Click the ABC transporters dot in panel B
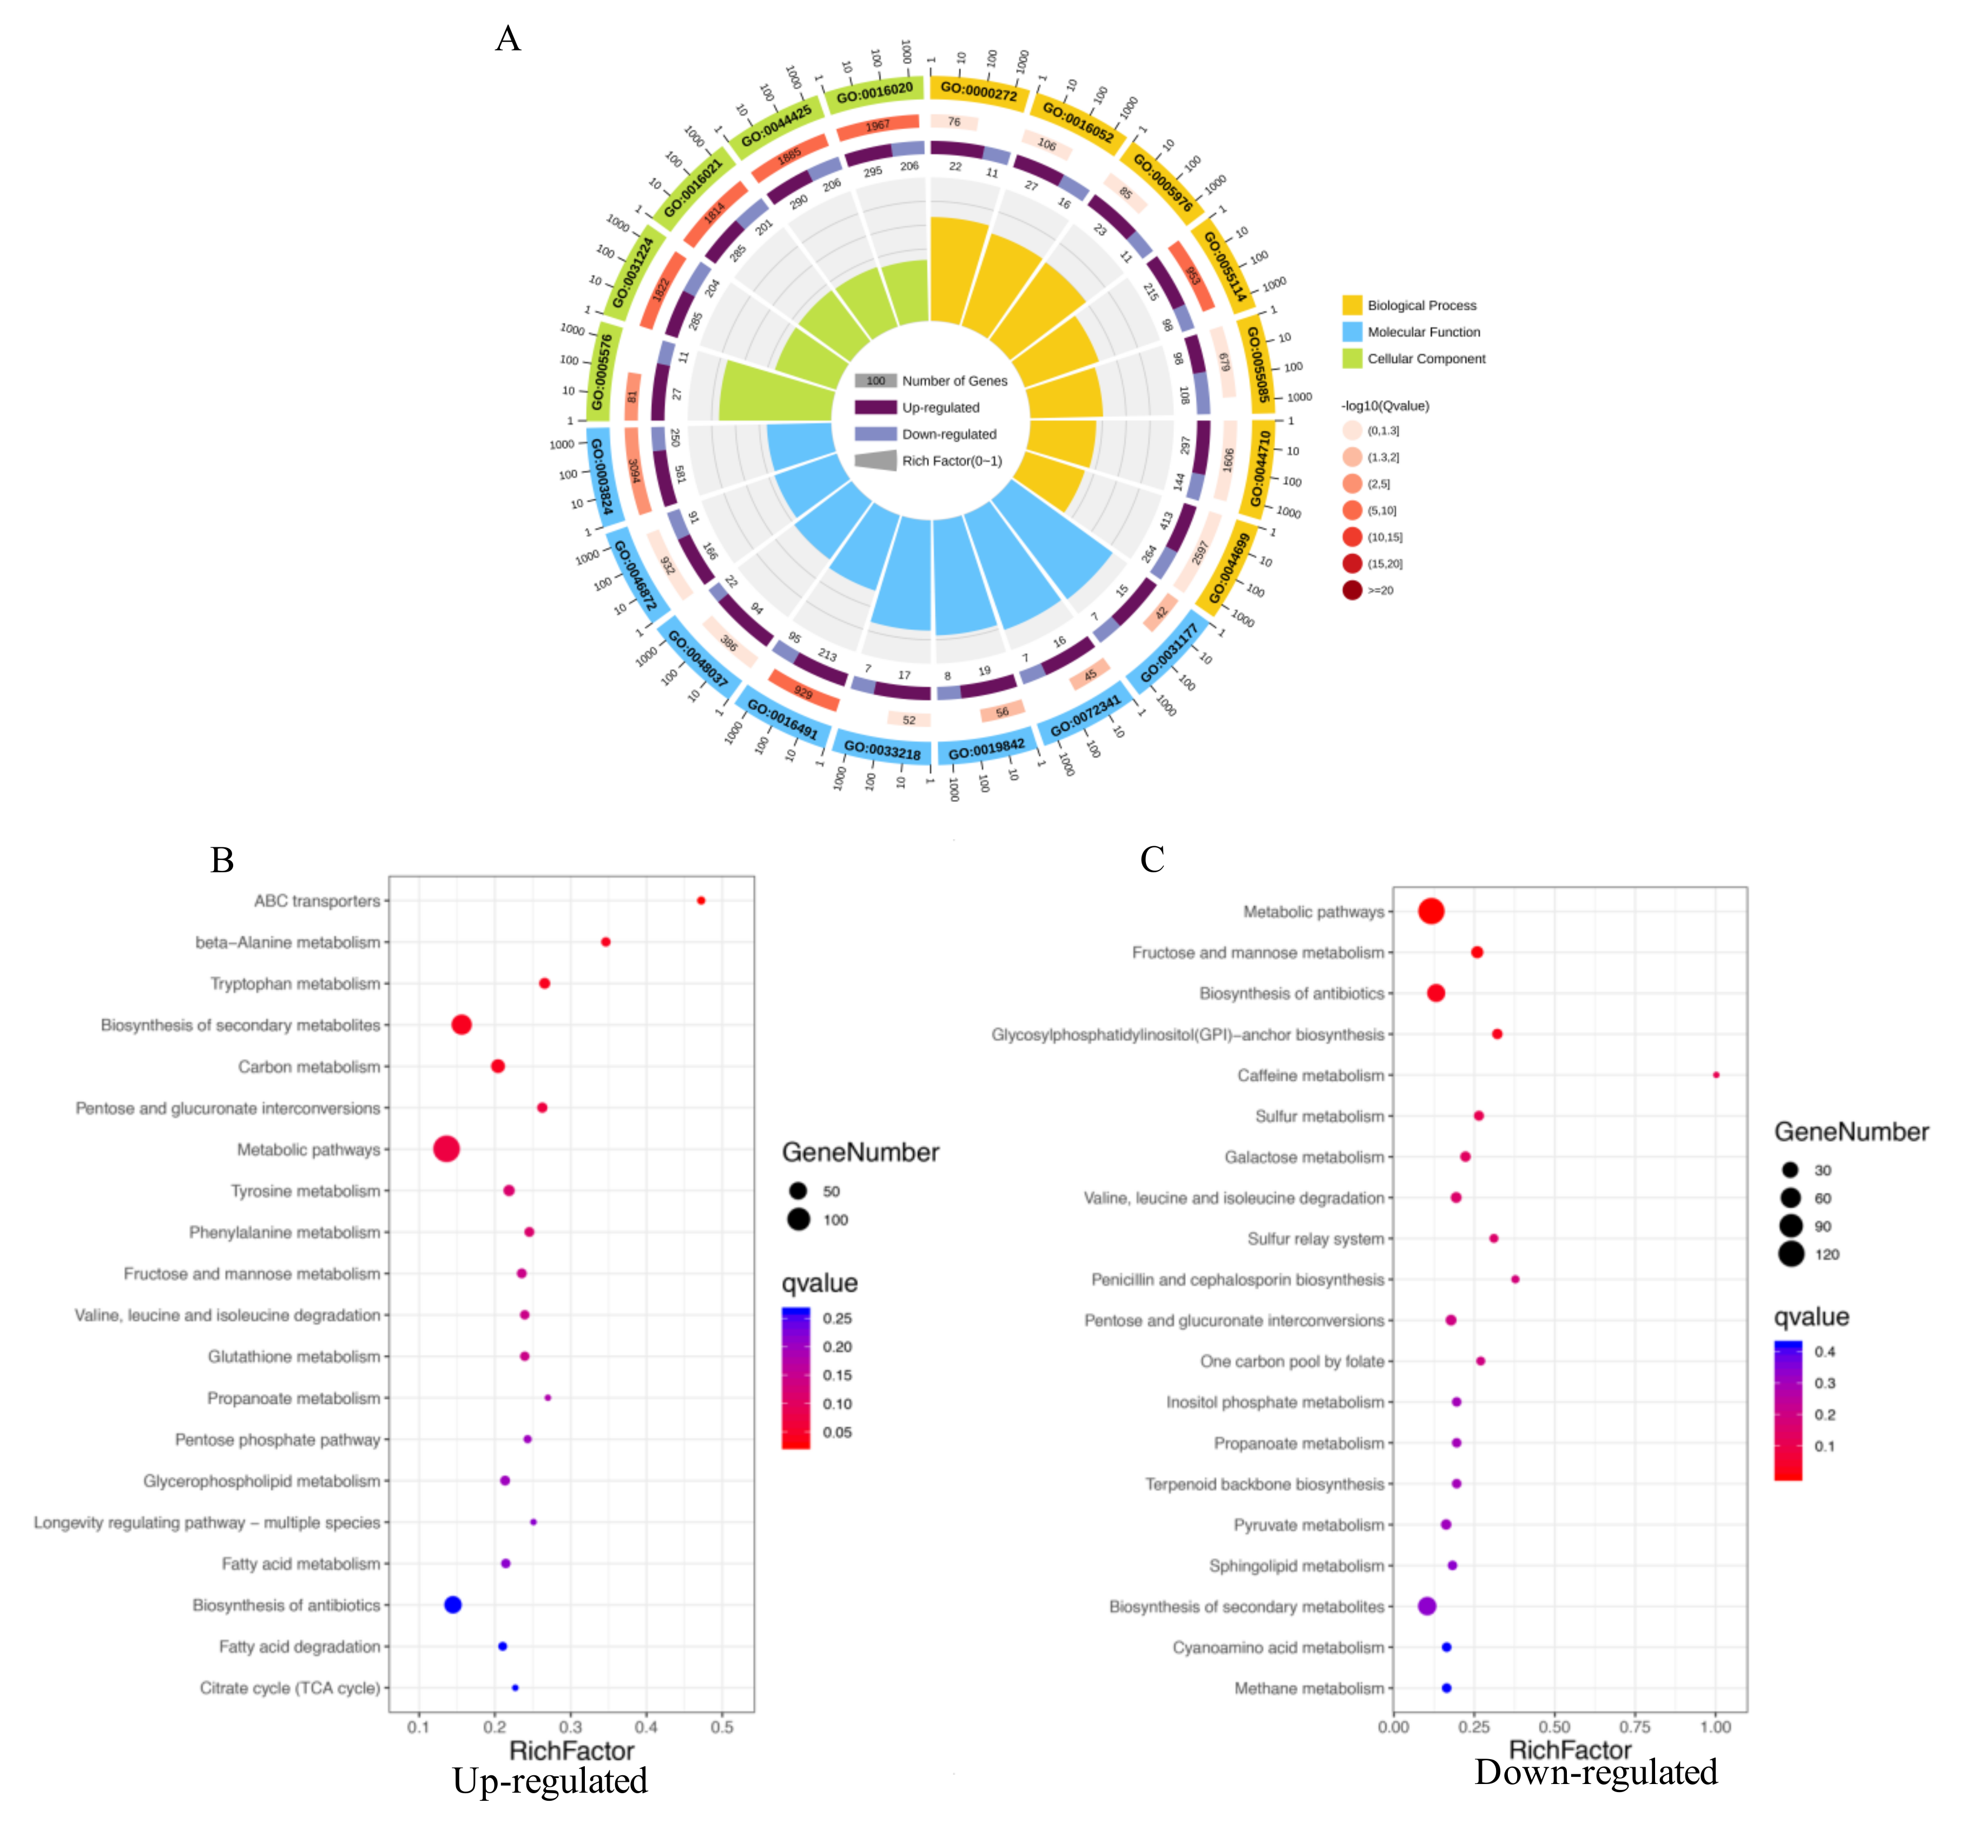[x=701, y=900]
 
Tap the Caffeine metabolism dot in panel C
[x=1716, y=1074]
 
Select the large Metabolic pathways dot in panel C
[x=1431, y=911]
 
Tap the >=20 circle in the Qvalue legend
[x=1352, y=590]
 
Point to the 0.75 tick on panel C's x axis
[x=1635, y=1726]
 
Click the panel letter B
[x=222, y=860]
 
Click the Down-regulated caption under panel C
[x=1596, y=1772]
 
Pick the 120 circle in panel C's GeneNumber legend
[x=1790, y=1254]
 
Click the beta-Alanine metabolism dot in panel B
[x=605, y=942]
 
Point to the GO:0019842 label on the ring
[x=986, y=751]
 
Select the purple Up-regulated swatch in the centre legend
[x=875, y=407]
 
